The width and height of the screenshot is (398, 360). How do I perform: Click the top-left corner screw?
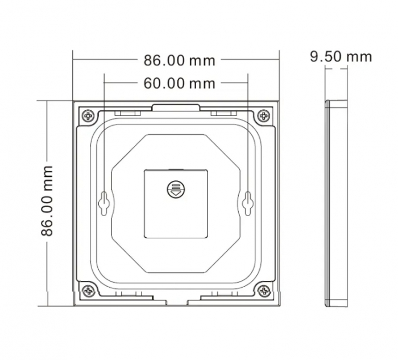[x=88, y=116]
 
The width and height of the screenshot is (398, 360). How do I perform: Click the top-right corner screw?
[x=263, y=116]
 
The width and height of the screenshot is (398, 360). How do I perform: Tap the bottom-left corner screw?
[x=88, y=291]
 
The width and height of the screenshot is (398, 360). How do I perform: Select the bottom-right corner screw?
[x=263, y=291]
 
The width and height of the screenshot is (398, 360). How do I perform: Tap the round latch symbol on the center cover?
[x=176, y=189]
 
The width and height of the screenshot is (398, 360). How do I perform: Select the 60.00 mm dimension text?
[x=179, y=84]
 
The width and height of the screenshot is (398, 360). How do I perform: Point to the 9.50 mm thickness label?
[x=341, y=56]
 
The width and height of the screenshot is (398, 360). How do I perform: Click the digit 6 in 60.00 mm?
[x=148, y=84]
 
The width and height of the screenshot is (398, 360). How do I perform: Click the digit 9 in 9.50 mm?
[x=314, y=56]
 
